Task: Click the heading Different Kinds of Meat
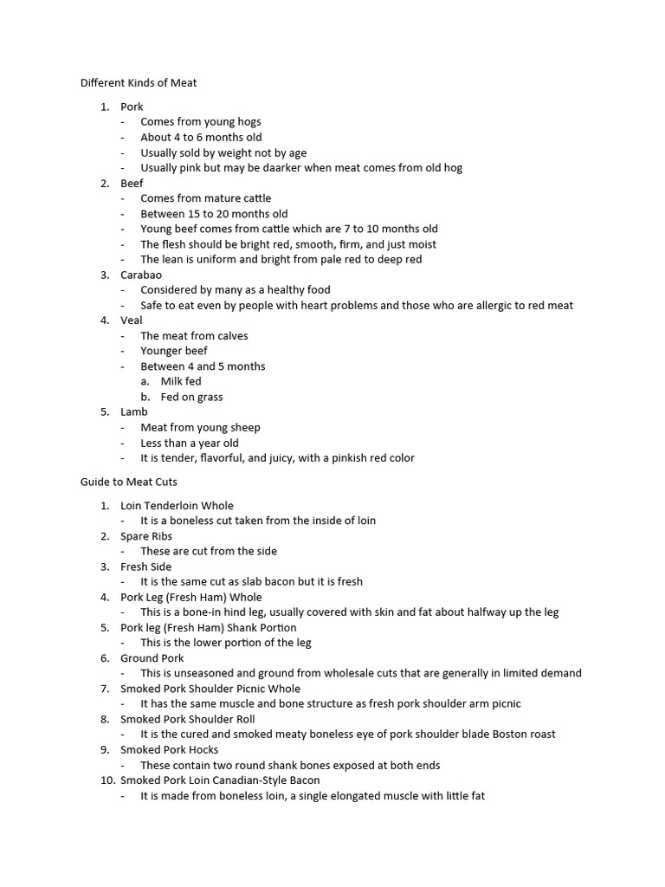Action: (139, 83)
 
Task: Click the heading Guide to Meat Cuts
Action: (128, 482)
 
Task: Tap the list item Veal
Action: (132, 320)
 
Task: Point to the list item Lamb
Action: (134, 412)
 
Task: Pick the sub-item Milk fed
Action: (181, 381)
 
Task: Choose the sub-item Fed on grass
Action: (191, 397)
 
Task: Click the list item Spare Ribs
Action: (146, 536)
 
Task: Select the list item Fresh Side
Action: (145, 567)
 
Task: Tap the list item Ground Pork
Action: (152, 658)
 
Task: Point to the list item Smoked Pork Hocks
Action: (169, 749)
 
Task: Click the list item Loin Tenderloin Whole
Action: (177, 506)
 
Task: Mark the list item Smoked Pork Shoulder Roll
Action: (187, 719)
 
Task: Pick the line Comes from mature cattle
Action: (205, 198)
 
